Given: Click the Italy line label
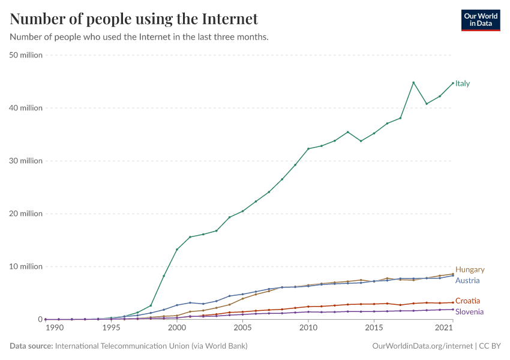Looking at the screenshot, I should (463, 83).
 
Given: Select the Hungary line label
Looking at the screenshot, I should (470, 270).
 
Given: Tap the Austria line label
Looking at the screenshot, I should (467, 280).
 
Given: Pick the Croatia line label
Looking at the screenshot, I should (467, 301).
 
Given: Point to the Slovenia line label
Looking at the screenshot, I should (469, 311).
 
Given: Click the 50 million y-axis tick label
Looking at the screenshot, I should (26, 55).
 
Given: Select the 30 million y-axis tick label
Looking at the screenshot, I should (26, 161).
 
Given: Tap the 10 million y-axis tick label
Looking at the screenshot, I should (26, 266).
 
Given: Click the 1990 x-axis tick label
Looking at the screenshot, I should (54, 328).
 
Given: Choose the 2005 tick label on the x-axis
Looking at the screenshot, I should (242, 328).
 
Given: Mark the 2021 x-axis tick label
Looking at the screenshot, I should (445, 328).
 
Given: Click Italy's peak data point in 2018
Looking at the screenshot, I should (413, 82).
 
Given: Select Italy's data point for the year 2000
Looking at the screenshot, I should (177, 250).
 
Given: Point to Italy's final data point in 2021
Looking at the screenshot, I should (453, 83).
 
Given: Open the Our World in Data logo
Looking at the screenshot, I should (480, 20).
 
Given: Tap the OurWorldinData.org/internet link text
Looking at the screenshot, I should (422, 346).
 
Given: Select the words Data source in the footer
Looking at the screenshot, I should (30, 346).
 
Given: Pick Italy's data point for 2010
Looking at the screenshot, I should (308, 149).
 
